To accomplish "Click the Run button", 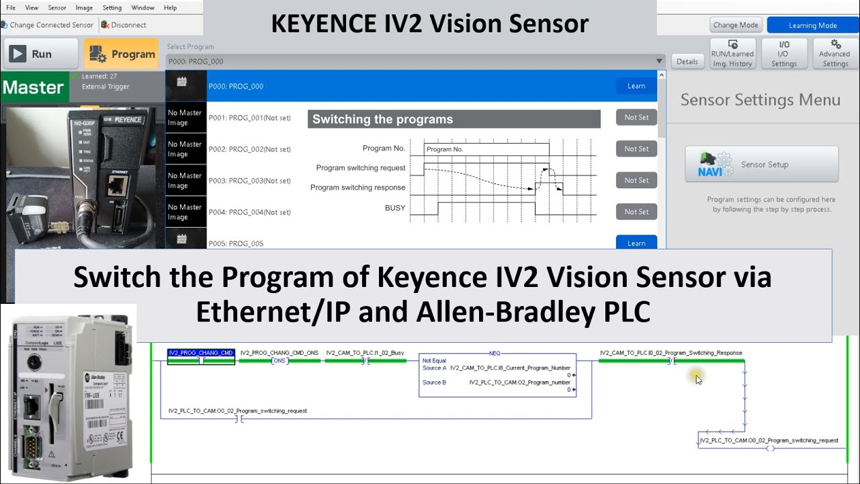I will (32, 54).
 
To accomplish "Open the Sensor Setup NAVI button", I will (761, 164).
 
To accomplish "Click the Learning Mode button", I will (812, 25).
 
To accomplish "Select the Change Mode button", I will (735, 25).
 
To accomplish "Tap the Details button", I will (687, 61).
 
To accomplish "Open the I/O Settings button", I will (783, 54).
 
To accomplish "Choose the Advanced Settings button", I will (835, 54).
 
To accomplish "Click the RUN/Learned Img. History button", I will (732, 54).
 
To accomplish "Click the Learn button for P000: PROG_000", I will (636, 86).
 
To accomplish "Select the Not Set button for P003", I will (636, 180).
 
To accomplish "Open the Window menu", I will (142, 7).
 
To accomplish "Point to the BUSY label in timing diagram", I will (395, 208).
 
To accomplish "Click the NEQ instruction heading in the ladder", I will (495, 353).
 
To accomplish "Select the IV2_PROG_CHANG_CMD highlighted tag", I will (201, 353).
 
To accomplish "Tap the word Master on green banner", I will (33, 87).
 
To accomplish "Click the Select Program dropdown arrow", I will (659, 61).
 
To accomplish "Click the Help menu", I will (170, 7).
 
